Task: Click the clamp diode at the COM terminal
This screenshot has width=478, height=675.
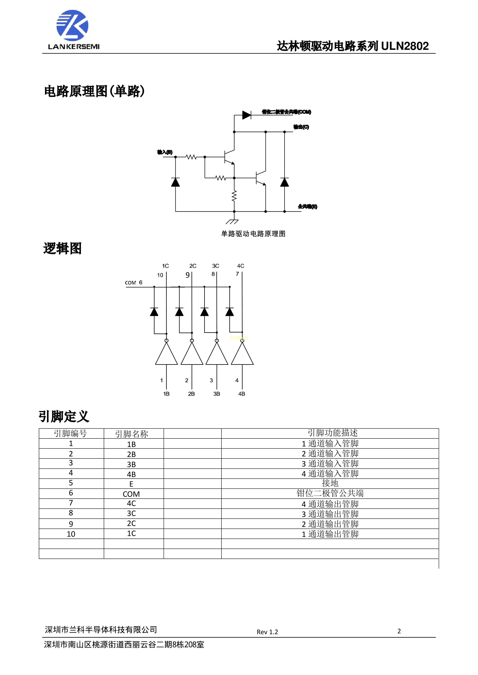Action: tap(246, 115)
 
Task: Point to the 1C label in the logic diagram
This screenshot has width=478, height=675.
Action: tap(165, 266)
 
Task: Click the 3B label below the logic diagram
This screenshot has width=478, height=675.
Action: tap(217, 394)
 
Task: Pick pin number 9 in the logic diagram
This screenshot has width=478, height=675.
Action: tap(187, 275)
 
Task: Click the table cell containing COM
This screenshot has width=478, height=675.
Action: tap(131, 494)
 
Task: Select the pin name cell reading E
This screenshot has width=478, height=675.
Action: tap(131, 484)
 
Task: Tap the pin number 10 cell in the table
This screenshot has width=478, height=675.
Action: tap(71, 534)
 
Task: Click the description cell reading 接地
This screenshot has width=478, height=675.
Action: tap(330, 483)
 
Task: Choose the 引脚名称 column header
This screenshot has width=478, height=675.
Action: tap(131, 434)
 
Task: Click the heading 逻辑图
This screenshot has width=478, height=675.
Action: tap(62, 248)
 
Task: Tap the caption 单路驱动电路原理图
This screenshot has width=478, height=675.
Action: tap(253, 234)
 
